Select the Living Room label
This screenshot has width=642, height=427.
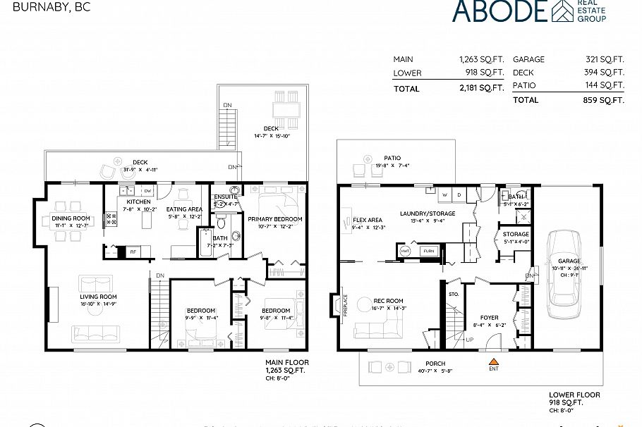click(x=97, y=297)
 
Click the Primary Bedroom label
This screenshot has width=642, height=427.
click(x=274, y=219)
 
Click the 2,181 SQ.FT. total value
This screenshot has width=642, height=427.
click(x=482, y=89)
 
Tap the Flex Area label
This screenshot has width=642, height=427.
click(x=368, y=220)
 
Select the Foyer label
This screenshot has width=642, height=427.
click(x=489, y=318)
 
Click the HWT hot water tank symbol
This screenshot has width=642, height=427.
click(x=406, y=250)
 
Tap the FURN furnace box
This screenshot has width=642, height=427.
click(x=428, y=250)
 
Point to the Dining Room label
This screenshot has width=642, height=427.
click(x=71, y=218)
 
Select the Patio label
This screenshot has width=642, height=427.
click(x=392, y=159)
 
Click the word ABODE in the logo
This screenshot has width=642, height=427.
click(x=499, y=11)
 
